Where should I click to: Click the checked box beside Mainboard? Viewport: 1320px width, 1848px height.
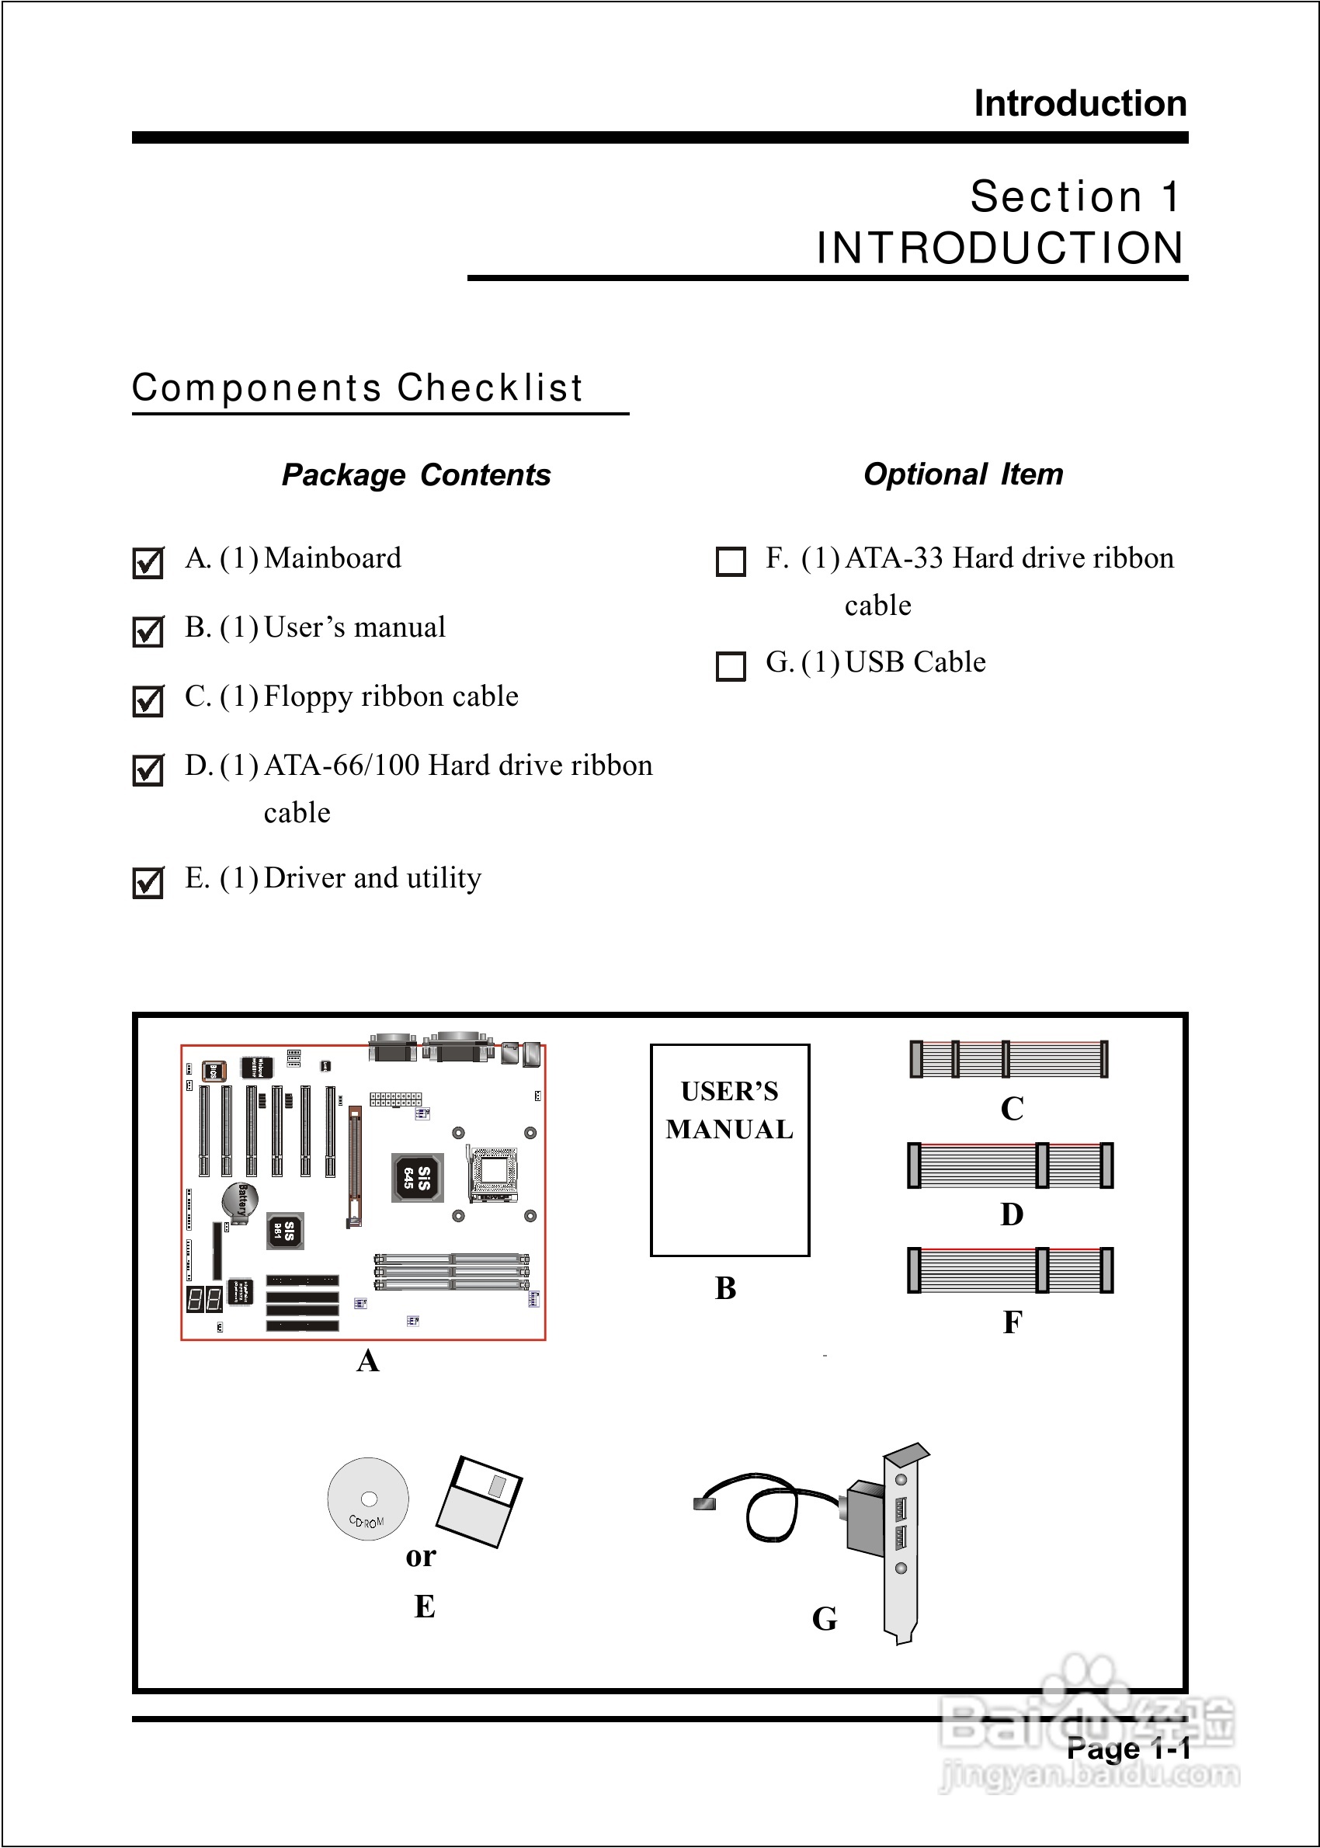coord(148,562)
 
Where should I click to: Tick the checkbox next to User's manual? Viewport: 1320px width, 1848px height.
coord(148,631)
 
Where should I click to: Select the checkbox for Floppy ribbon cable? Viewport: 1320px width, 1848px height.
coord(148,700)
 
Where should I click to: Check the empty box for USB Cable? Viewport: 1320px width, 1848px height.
coord(730,665)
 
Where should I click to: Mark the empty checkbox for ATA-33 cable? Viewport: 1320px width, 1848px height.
coord(730,561)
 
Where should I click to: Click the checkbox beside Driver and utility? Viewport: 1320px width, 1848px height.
coord(148,883)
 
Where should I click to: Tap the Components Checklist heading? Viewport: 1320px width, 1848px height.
coord(358,387)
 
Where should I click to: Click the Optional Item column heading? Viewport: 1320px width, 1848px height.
coord(963,474)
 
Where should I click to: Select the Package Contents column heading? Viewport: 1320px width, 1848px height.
coord(416,474)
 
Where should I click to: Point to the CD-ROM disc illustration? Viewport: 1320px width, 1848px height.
coord(367,1498)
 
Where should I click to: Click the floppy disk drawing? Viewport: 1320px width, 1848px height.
coord(480,1500)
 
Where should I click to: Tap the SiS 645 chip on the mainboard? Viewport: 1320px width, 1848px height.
coord(417,1176)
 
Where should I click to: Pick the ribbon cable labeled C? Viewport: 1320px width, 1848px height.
coord(1008,1059)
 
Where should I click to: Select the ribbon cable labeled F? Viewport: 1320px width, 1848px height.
coord(1009,1270)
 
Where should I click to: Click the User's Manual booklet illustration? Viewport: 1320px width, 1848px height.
coord(729,1150)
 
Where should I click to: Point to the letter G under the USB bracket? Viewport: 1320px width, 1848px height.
coord(824,1618)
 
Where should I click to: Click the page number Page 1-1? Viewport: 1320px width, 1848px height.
coord(1128,1749)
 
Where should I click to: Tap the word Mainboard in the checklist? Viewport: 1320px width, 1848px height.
coord(332,558)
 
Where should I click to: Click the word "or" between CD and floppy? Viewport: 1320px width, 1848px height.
coord(421,1556)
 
